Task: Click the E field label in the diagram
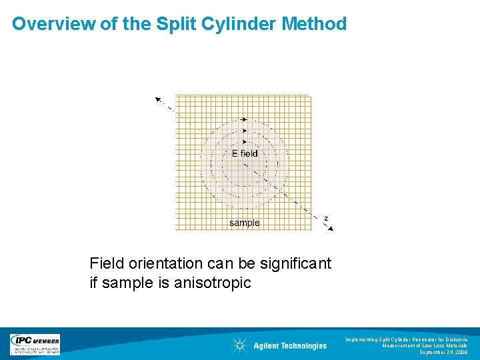(244, 153)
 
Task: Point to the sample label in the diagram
(244, 223)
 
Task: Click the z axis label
(326, 218)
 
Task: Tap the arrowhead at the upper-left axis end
(159, 100)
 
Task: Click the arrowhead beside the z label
(329, 229)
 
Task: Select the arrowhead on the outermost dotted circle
(244, 119)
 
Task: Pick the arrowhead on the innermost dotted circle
(245, 142)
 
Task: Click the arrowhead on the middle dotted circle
(245, 131)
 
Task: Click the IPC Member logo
(35, 344)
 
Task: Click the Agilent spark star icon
(239, 345)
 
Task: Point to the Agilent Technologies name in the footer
(290, 345)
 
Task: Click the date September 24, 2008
(443, 352)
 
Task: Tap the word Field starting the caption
(106, 264)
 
